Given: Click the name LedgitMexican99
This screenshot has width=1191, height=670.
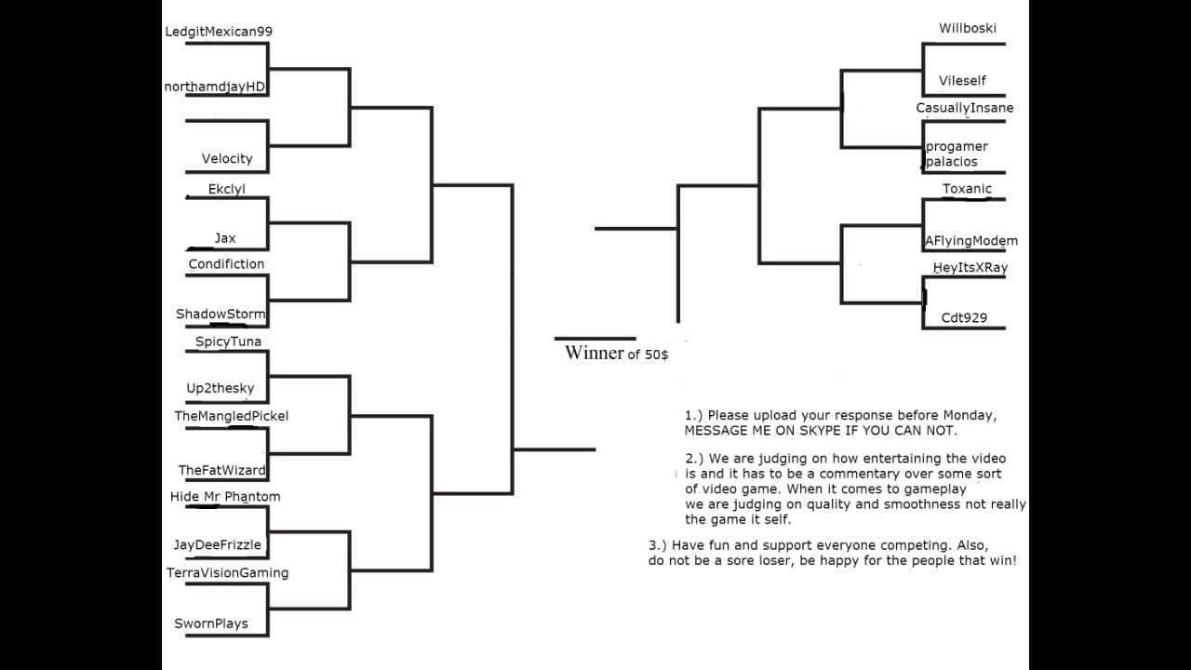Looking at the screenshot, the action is (x=219, y=32).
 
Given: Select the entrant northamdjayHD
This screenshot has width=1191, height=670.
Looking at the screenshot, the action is (x=214, y=87).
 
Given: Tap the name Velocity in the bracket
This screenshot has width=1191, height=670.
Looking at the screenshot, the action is (x=227, y=158).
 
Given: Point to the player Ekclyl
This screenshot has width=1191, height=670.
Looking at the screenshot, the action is (x=226, y=189).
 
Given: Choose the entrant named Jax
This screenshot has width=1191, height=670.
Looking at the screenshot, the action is (x=225, y=238).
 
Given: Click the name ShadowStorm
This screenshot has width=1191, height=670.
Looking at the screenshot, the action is (x=221, y=314).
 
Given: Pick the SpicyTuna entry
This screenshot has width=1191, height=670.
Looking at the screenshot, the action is (x=228, y=342).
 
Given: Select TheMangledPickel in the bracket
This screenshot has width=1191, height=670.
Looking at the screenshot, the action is (x=232, y=416).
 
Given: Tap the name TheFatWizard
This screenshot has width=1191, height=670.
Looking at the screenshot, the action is (x=221, y=470).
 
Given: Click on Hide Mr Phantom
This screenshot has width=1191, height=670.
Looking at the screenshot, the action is (x=225, y=497).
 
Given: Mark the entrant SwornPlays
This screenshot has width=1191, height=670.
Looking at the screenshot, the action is (x=211, y=623).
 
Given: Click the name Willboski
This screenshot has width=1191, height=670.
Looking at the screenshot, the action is (x=968, y=28).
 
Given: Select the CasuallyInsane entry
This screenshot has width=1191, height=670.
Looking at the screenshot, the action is (x=965, y=108).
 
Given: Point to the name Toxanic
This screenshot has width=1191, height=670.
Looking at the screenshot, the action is (x=967, y=189).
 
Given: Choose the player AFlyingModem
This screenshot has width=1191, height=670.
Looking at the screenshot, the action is (x=970, y=241).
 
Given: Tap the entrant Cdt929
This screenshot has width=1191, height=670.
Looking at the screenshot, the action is (x=964, y=318).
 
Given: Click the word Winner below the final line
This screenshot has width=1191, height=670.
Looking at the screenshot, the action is (x=595, y=353).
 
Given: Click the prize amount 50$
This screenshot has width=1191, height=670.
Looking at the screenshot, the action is (x=657, y=355).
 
